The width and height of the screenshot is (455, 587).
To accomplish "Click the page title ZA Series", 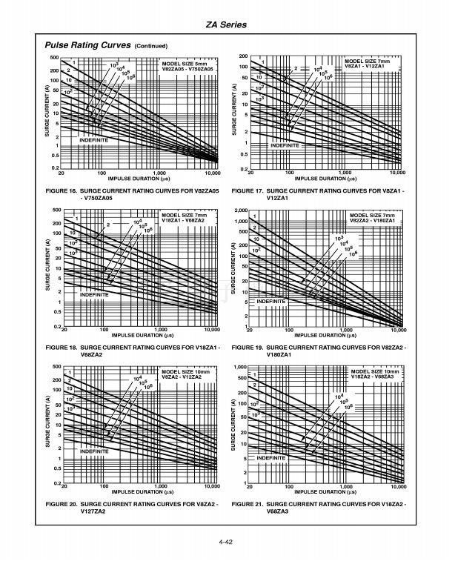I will click(227, 25).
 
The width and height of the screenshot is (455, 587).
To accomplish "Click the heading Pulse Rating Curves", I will click(88, 45).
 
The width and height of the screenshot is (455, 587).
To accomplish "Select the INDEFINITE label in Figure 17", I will click(285, 146).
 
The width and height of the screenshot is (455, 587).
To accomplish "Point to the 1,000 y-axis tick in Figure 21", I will click(239, 368).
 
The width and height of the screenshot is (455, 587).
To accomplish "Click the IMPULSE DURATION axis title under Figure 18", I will click(140, 335).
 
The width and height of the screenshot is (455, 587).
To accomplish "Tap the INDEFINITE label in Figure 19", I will click(272, 302).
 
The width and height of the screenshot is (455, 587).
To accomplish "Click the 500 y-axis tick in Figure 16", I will click(55, 58).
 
